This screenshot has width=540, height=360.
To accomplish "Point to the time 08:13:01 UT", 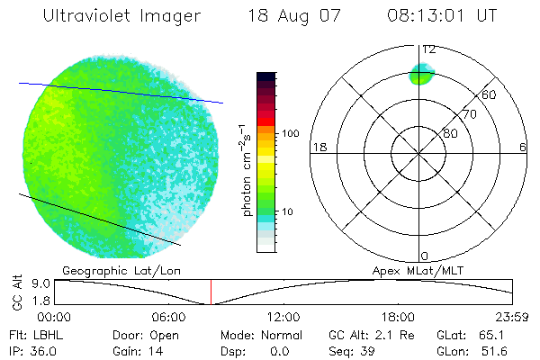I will pos(441,16).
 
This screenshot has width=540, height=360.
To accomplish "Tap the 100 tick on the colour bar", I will pos(290,133).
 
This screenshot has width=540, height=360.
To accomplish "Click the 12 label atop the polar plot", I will pos(429,49).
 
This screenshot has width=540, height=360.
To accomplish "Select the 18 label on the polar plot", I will pos(319,147).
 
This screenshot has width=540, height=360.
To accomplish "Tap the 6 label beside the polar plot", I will pos(523,147).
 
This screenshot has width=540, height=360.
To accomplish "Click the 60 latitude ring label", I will pos(489,94).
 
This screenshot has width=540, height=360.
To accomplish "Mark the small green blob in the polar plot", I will pos(421,74).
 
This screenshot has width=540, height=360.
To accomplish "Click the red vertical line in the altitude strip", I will pos(211,292).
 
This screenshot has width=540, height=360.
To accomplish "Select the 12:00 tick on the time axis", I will pos(283,317).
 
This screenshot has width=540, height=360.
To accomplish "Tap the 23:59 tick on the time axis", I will pos(513,317).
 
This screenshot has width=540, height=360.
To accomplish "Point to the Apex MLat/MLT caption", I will pos(417,270).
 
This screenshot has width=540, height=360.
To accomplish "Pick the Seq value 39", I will pos(366,349).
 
